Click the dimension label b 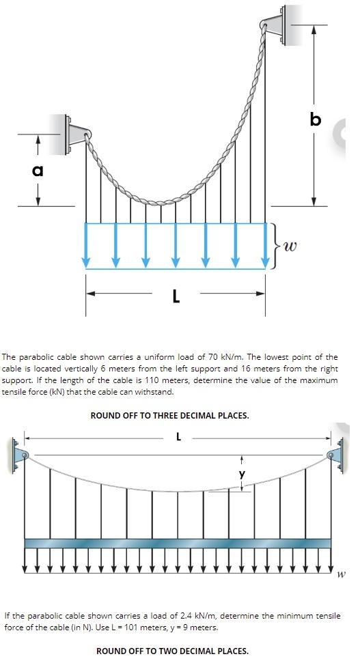coord(314,119)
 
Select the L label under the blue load coord(176,296)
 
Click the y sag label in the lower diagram coord(240,473)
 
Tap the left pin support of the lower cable coord(20,456)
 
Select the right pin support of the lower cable coord(336,456)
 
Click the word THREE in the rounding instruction coord(165,415)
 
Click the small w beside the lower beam coord(341,574)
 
